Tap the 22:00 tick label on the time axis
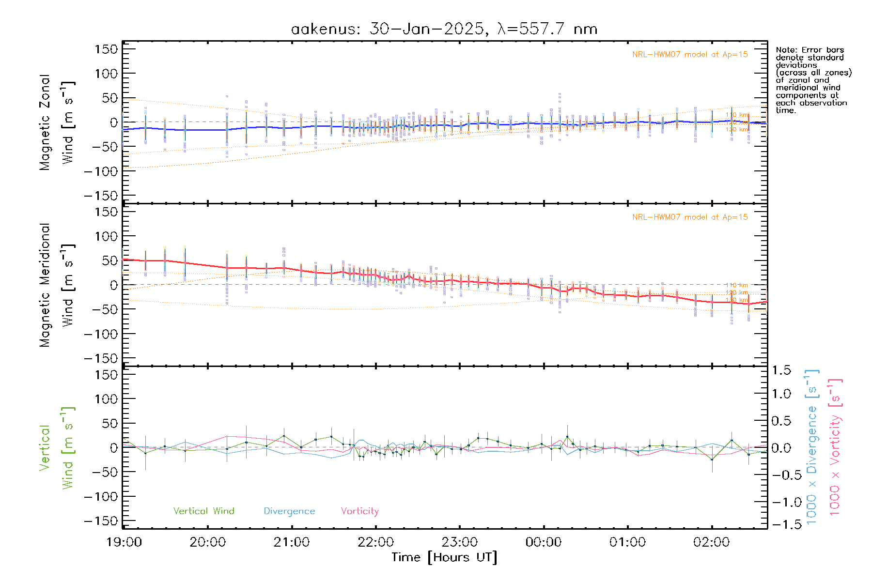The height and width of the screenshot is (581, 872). (376, 542)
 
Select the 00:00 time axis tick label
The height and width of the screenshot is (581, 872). (544, 542)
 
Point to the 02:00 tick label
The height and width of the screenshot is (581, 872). (711, 542)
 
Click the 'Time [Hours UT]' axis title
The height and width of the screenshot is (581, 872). (444, 557)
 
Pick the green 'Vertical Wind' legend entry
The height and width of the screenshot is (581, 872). (203, 511)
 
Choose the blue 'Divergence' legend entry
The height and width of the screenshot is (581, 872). (289, 511)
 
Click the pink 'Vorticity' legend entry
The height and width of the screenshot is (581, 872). (359, 511)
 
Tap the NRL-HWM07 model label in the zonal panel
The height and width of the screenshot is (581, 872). (690, 54)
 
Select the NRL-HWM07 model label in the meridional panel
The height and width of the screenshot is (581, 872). (690, 217)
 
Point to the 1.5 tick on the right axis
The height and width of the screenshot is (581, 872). (781, 370)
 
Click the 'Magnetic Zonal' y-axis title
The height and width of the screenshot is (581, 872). (45, 122)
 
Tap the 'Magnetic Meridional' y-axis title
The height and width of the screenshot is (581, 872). (45, 285)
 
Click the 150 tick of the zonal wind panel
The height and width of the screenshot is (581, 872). (107, 49)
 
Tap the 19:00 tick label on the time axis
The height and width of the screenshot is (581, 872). (124, 542)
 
